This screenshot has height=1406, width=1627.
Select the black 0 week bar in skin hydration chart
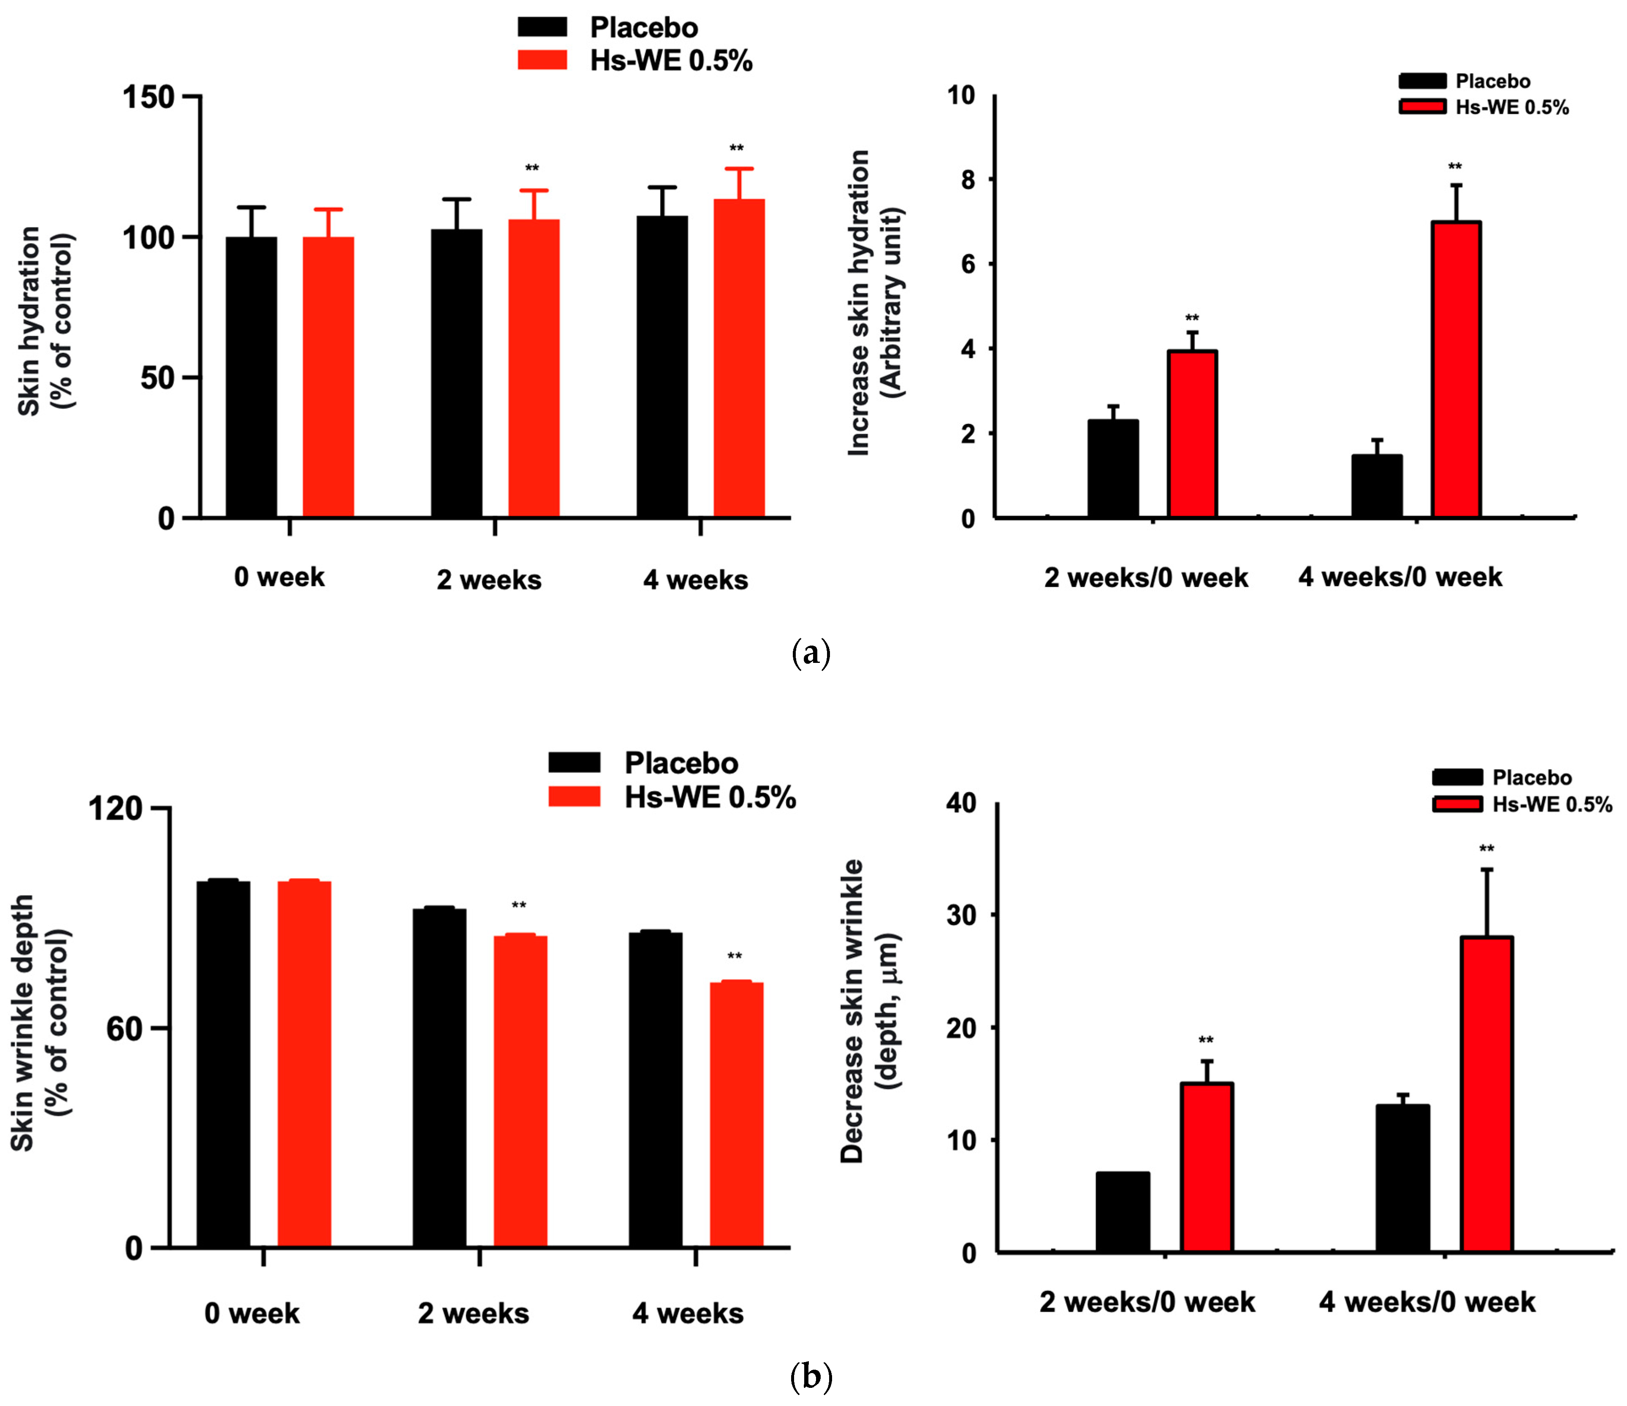251,377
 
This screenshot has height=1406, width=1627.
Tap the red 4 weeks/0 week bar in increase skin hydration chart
1456,369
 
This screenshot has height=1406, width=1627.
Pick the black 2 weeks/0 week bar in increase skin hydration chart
1113,469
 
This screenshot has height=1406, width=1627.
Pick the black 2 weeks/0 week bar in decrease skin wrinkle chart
1123,1212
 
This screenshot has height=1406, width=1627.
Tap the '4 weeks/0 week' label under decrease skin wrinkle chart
1427,1302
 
